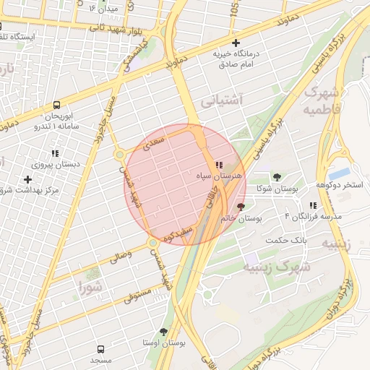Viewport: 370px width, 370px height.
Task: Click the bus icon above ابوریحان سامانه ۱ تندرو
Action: click(x=57, y=105)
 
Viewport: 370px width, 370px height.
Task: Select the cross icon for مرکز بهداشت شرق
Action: click(x=28, y=178)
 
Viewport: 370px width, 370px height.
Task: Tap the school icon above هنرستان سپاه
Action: click(x=219, y=165)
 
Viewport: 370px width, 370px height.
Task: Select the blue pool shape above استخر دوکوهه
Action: click(x=339, y=173)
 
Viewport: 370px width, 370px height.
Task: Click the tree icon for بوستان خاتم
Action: click(x=241, y=207)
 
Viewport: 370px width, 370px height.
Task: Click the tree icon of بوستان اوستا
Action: click(x=163, y=332)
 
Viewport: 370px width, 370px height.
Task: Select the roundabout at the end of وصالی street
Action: click(x=152, y=242)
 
